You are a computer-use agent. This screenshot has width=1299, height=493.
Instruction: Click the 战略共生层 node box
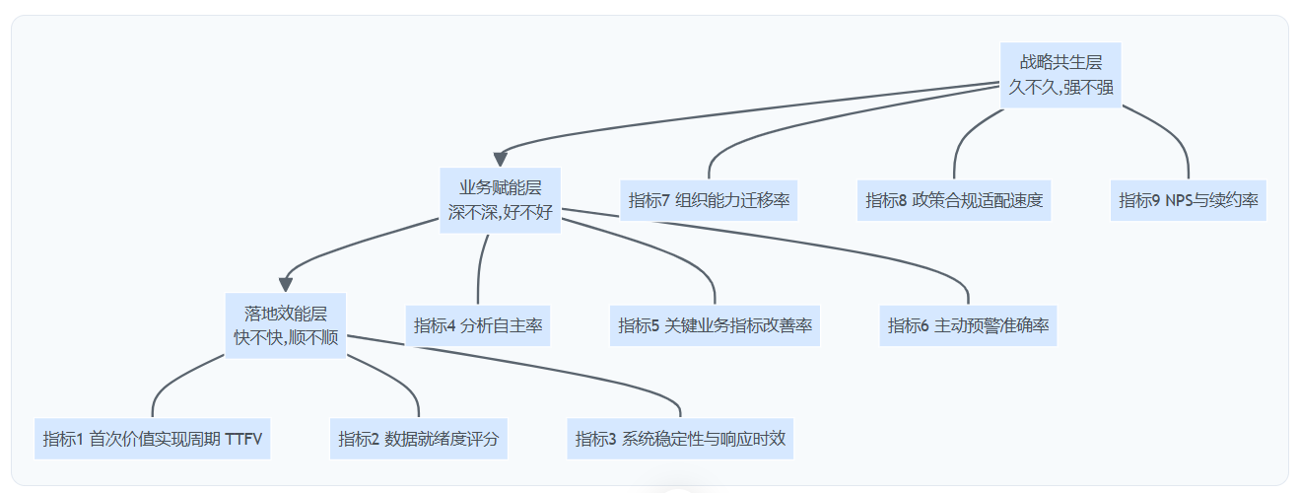tap(1060, 75)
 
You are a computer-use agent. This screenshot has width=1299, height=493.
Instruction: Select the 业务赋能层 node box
tap(500, 200)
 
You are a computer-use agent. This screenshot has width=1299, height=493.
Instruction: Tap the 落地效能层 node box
tap(286, 325)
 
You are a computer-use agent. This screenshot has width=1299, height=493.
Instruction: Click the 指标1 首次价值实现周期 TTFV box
tap(153, 439)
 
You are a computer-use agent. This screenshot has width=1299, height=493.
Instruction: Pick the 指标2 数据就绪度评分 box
tap(419, 439)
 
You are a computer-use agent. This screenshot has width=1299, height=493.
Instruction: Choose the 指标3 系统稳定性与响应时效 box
tap(680, 439)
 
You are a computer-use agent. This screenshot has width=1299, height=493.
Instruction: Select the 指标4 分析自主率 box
tap(478, 325)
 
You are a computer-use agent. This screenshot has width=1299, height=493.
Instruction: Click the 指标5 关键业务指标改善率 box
tap(715, 325)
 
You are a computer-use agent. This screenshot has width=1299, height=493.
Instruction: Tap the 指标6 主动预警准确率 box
tap(968, 325)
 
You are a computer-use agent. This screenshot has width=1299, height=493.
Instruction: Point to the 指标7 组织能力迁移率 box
tap(709, 200)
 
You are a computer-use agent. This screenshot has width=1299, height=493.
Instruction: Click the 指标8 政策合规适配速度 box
tap(954, 200)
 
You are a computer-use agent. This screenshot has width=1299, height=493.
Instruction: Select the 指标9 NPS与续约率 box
tap(1188, 200)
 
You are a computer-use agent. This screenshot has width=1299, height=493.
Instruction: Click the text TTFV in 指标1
tap(243, 439)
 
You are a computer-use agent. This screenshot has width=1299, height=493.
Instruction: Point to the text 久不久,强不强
tap(1060, 87)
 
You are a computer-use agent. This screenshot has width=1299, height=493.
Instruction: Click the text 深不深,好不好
tap(500, 212)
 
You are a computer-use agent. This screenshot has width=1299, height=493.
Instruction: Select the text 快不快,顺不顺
tap(286, 337)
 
